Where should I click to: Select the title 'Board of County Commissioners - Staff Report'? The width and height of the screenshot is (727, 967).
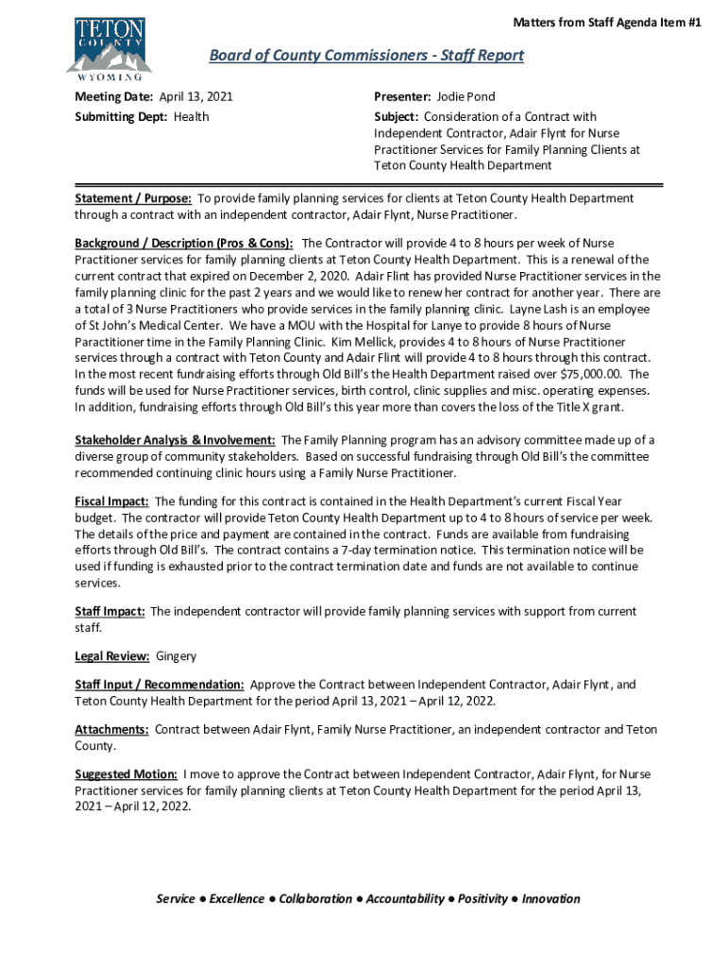click(x=366, y=56)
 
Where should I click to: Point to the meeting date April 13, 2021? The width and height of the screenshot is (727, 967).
click(x=195, y=97)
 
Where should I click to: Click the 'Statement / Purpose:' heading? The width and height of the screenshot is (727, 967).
click(x=133, y=199)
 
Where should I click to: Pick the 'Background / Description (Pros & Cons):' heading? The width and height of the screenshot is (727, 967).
click(x=184, y=244)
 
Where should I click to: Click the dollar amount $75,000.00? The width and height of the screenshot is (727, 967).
click(x=590, y=374)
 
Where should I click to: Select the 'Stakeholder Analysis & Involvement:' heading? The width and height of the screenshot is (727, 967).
click(x=176, y=440)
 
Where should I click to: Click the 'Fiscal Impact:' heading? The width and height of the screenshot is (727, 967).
click(x=112, y=501)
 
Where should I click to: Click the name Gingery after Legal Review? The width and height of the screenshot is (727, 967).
click(x=177, y=655)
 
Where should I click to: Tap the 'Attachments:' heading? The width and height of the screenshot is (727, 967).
click(x=112, y=730)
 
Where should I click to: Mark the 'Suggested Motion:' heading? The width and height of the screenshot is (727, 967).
click(x=127, y=775)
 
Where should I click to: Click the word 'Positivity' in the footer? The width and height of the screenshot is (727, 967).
click(x=484, y=899)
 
